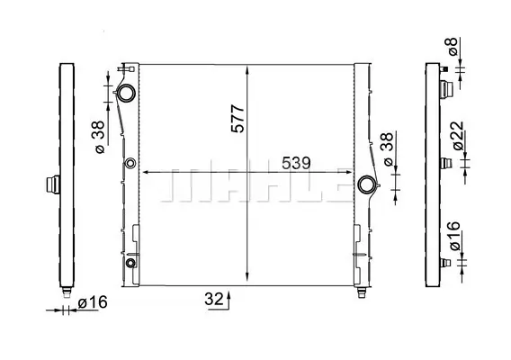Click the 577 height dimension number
[238, 119]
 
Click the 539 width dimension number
[296, 163]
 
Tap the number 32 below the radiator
[214, 299]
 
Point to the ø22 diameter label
[458, 135]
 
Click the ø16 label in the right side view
[454, 236]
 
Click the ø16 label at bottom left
[93, 302]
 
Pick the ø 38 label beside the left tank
[100, 137]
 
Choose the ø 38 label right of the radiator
[389, 149]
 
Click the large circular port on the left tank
[126, 93]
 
